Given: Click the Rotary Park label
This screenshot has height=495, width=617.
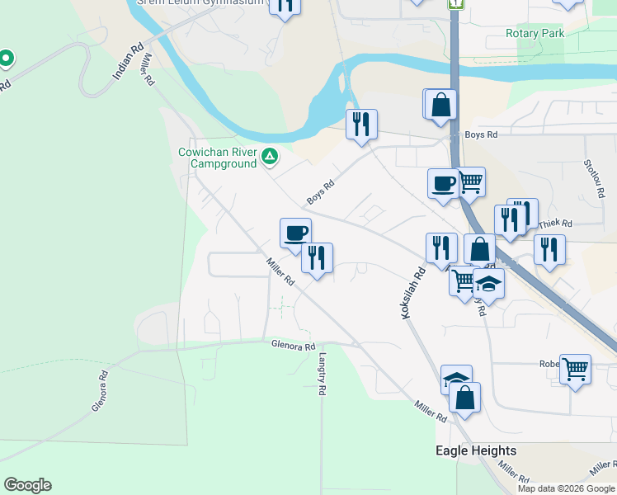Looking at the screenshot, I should [535, 34].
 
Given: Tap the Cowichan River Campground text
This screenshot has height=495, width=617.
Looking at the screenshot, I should [218, 158].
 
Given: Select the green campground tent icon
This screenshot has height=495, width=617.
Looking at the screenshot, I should [270, 156].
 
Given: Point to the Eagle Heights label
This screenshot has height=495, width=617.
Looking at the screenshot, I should [476, 450].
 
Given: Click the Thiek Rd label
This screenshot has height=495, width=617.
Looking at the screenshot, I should [554, 224].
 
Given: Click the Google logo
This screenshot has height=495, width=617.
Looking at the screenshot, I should [27, 485].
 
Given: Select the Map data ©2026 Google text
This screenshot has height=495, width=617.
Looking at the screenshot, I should [566, 488].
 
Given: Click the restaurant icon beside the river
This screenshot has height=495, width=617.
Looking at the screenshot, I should [361, 124].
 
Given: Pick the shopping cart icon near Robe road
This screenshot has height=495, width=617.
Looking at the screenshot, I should [575, 368].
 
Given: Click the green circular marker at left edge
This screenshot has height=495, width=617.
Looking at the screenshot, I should [6, 59].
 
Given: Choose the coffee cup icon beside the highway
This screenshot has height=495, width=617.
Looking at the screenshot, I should [443, 182].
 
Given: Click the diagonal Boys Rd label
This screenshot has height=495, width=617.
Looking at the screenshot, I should [320, 193].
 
